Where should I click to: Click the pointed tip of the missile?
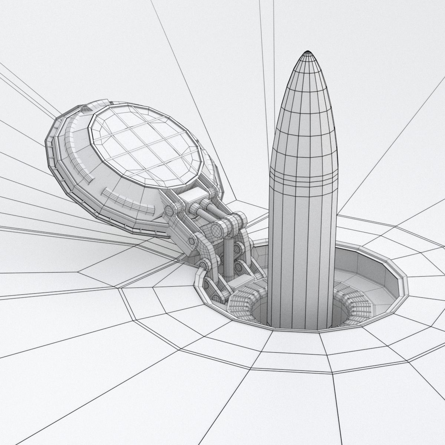(307, 52)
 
